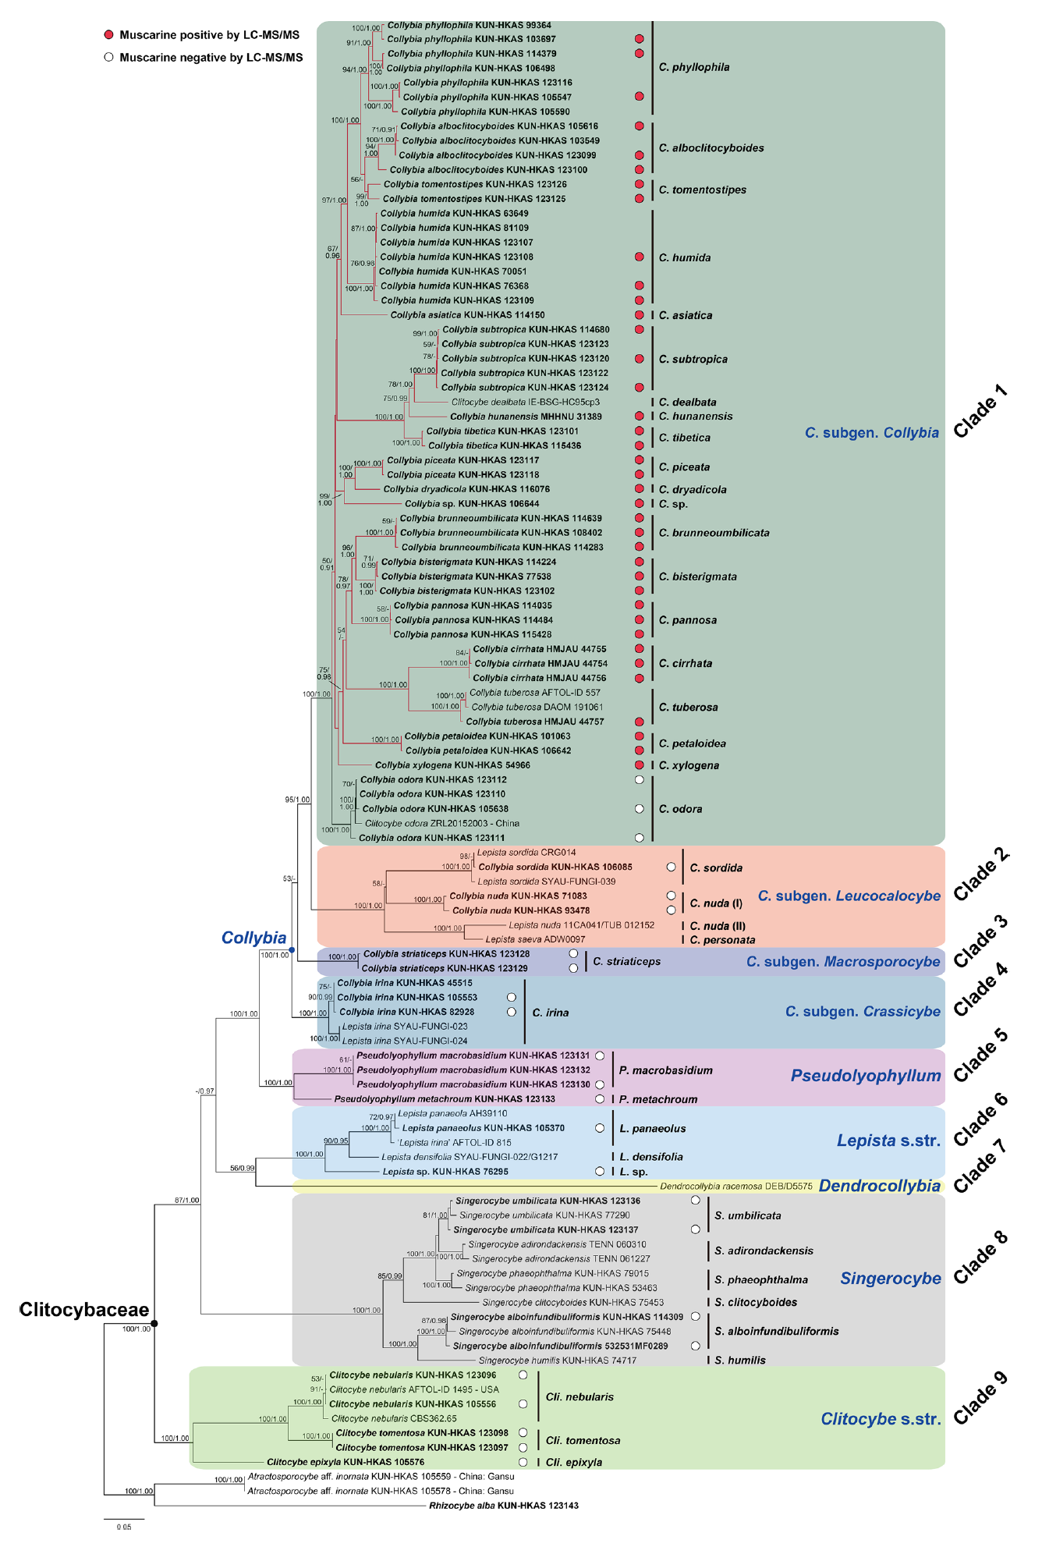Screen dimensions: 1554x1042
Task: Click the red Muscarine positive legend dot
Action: click(109, 35)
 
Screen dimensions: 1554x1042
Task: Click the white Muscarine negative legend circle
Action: click(109, 57)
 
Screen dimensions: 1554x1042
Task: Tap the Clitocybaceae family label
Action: click(84, 1310)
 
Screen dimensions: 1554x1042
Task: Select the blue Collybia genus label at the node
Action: click(253, 938)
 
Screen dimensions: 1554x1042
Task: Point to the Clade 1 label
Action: click(980, 411)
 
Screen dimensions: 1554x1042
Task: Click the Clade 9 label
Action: click(980, 1398)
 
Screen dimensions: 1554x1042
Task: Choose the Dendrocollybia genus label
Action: click(879, 1186)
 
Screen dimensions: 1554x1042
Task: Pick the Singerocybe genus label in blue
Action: click(890, 1278)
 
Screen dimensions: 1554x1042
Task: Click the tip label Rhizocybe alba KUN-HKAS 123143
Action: click(503, 1506)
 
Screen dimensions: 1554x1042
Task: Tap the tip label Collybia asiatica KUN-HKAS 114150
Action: click(467, 315)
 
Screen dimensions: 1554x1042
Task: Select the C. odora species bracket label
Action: click(680, 809)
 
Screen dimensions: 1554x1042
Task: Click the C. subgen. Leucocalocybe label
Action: click(849, 896)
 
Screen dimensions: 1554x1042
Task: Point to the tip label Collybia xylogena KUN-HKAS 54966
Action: click(452, 765)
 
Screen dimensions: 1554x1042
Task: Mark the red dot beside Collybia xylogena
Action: click(640, 765)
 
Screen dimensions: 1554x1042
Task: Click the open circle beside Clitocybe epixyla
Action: click(523, 1462)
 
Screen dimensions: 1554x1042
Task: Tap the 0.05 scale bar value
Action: click(124, 1527)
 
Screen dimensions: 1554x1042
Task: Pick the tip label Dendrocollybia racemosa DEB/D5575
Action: click(735, 1186)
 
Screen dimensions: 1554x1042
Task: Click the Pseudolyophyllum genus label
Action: click(866, 1076)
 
